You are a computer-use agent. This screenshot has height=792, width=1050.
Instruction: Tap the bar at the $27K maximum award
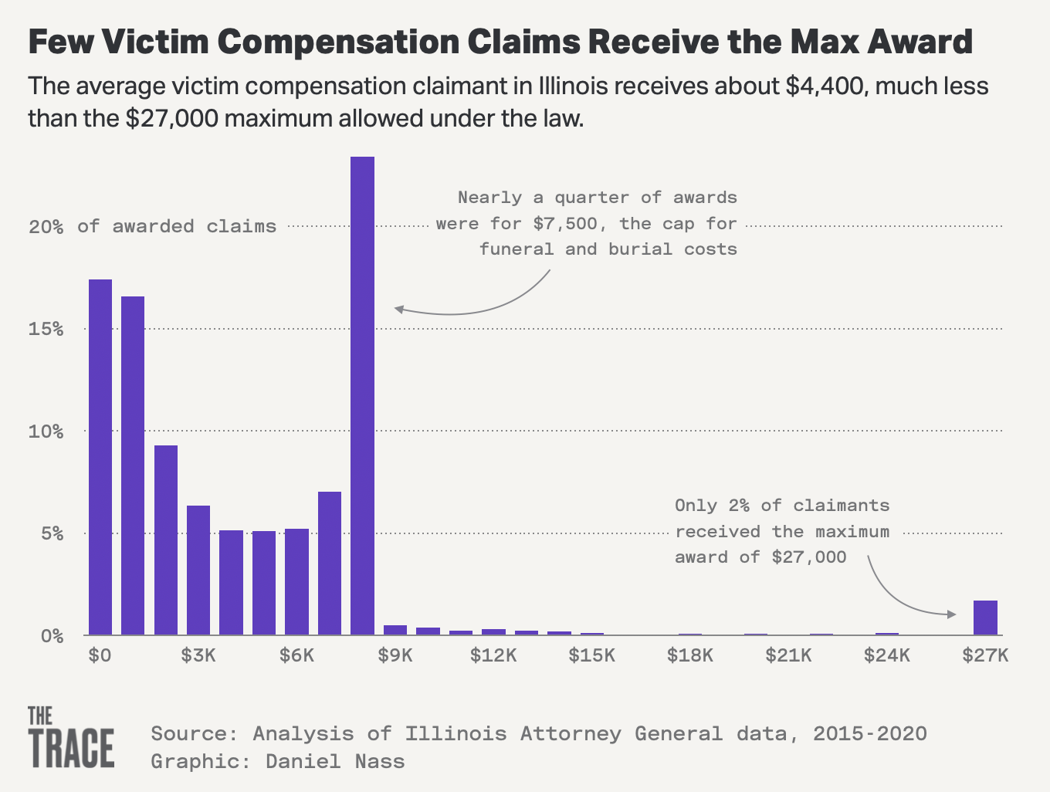[x=985, y=618]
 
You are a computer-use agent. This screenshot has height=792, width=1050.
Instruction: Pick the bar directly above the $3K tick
[x=198, y=570]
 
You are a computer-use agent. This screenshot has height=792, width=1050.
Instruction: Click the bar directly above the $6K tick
[x=296, y=582]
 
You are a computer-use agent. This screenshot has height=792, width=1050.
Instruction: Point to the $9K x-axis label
[x=395, y=656]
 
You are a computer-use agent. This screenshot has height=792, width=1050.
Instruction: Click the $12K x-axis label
[x=493, y=656]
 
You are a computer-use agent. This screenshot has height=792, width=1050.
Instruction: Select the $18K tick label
[x=690, y=656]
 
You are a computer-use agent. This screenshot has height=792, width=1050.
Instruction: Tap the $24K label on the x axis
[x=887, y=656]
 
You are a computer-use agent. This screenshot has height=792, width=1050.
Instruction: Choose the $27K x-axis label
[x=985, y=656]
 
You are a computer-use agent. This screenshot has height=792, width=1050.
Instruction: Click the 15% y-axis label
[x=46, y=329]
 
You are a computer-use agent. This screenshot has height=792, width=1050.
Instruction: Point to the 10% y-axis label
[x=46, y=432]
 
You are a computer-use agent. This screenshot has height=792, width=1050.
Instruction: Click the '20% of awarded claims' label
[x=152, y=226]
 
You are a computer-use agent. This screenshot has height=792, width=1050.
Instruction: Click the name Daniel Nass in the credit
[x=335, y=761]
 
